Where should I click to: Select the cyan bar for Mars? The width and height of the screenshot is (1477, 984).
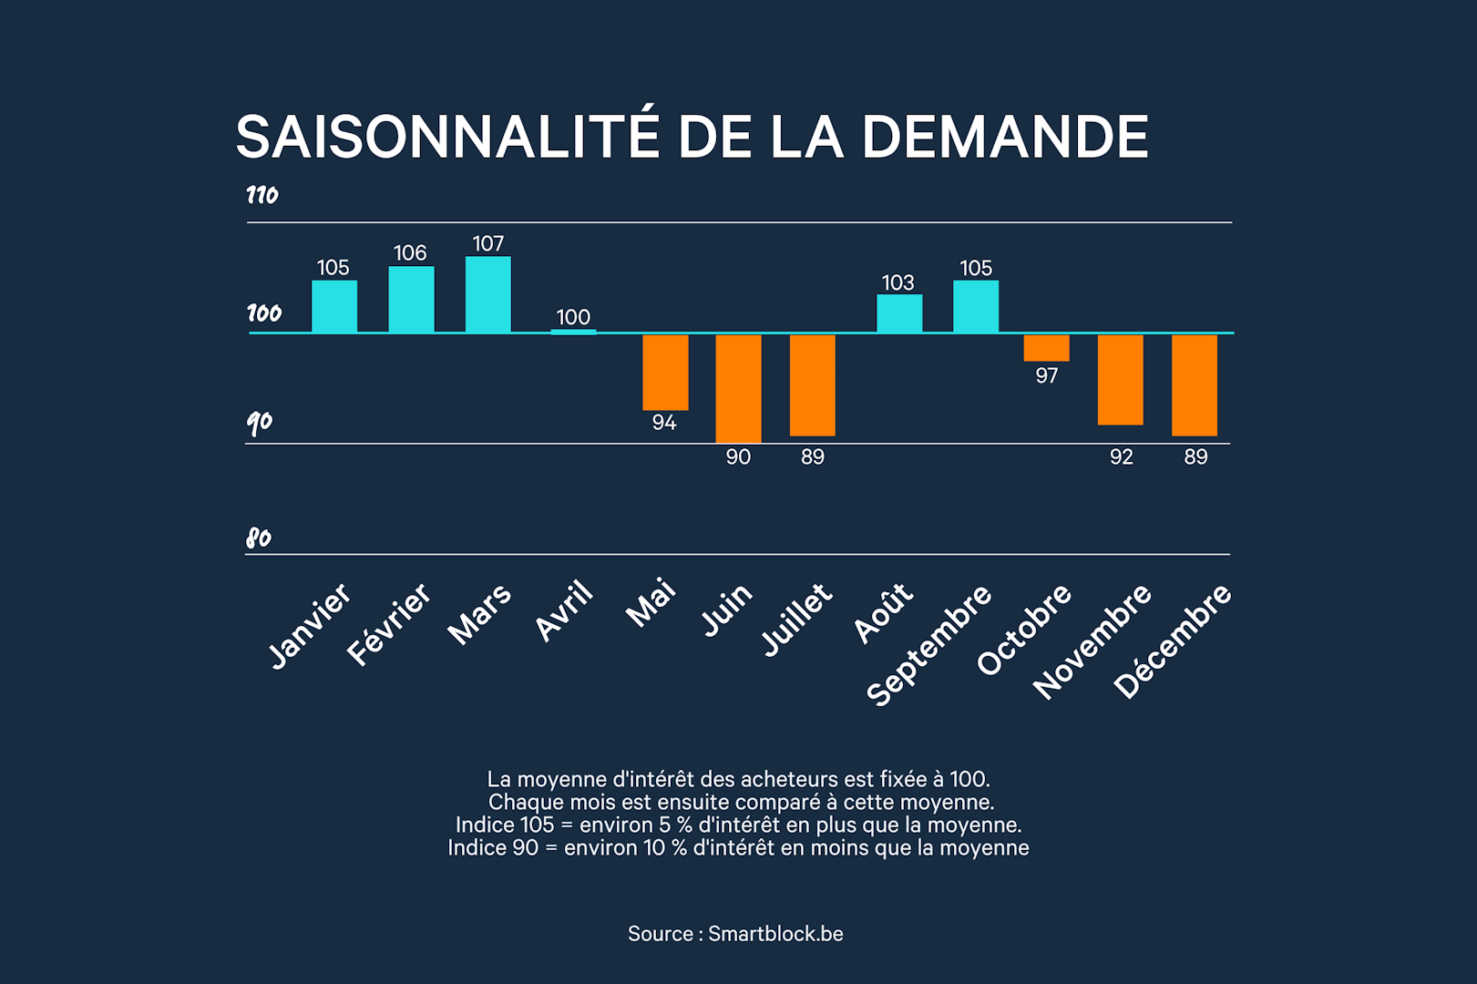[488, 294]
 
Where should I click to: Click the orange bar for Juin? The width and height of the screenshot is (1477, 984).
[738, 388]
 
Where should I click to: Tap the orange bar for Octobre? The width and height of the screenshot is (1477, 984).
[1046, 347]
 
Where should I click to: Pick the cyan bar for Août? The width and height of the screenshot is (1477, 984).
[899, 313]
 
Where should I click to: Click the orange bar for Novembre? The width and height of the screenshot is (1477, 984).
[1120, 379]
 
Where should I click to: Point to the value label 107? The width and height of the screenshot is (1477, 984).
[488, 243]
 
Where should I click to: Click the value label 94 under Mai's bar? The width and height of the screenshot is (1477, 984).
[664, 422]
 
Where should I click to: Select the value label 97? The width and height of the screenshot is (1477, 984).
[1046, 375]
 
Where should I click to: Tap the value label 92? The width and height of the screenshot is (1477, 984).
[1121, 456]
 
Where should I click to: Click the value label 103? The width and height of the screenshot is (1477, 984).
[898, 282]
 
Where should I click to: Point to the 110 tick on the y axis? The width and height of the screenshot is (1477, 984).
[262, 195]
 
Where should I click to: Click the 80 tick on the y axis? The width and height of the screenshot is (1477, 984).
[259, 538]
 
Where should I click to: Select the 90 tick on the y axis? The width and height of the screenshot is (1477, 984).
[259, 424]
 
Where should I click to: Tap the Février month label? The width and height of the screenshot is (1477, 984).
[389, 624]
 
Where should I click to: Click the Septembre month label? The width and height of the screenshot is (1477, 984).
[928, 645]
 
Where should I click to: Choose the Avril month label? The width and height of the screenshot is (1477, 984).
[564, 610]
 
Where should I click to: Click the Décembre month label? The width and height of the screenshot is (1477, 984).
[1172, 641]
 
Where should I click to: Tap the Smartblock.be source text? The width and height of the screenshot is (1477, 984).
[775, 933]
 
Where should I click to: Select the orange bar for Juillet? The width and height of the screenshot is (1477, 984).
[813, 385]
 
